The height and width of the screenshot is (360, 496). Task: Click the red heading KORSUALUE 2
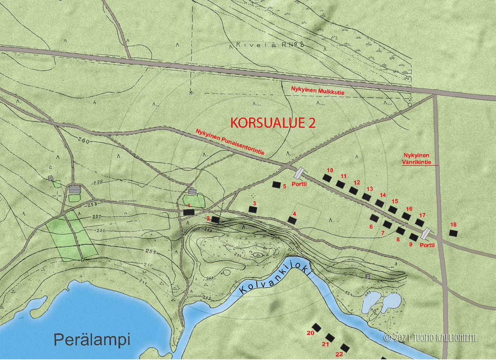[273, 123]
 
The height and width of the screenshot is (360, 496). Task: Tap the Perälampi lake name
[92, 339]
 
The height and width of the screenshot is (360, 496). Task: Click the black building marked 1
[188, 211]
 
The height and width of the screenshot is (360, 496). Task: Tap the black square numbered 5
[276, 184]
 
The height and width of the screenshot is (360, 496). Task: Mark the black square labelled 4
[293, 220]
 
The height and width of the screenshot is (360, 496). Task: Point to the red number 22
[339, 354]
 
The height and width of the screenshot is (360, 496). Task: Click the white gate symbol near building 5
[299, 173]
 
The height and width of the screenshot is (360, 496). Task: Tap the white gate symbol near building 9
[425, 233]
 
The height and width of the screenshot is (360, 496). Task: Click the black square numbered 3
[253, 210]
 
